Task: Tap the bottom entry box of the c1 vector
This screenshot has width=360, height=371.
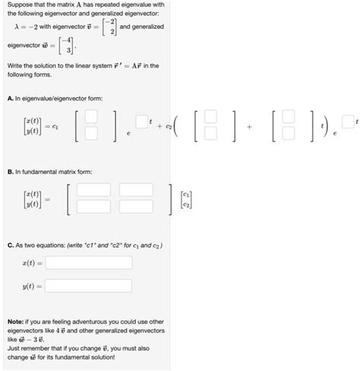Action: coord(90,133)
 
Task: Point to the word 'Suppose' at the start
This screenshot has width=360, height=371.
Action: coord(17,5)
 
